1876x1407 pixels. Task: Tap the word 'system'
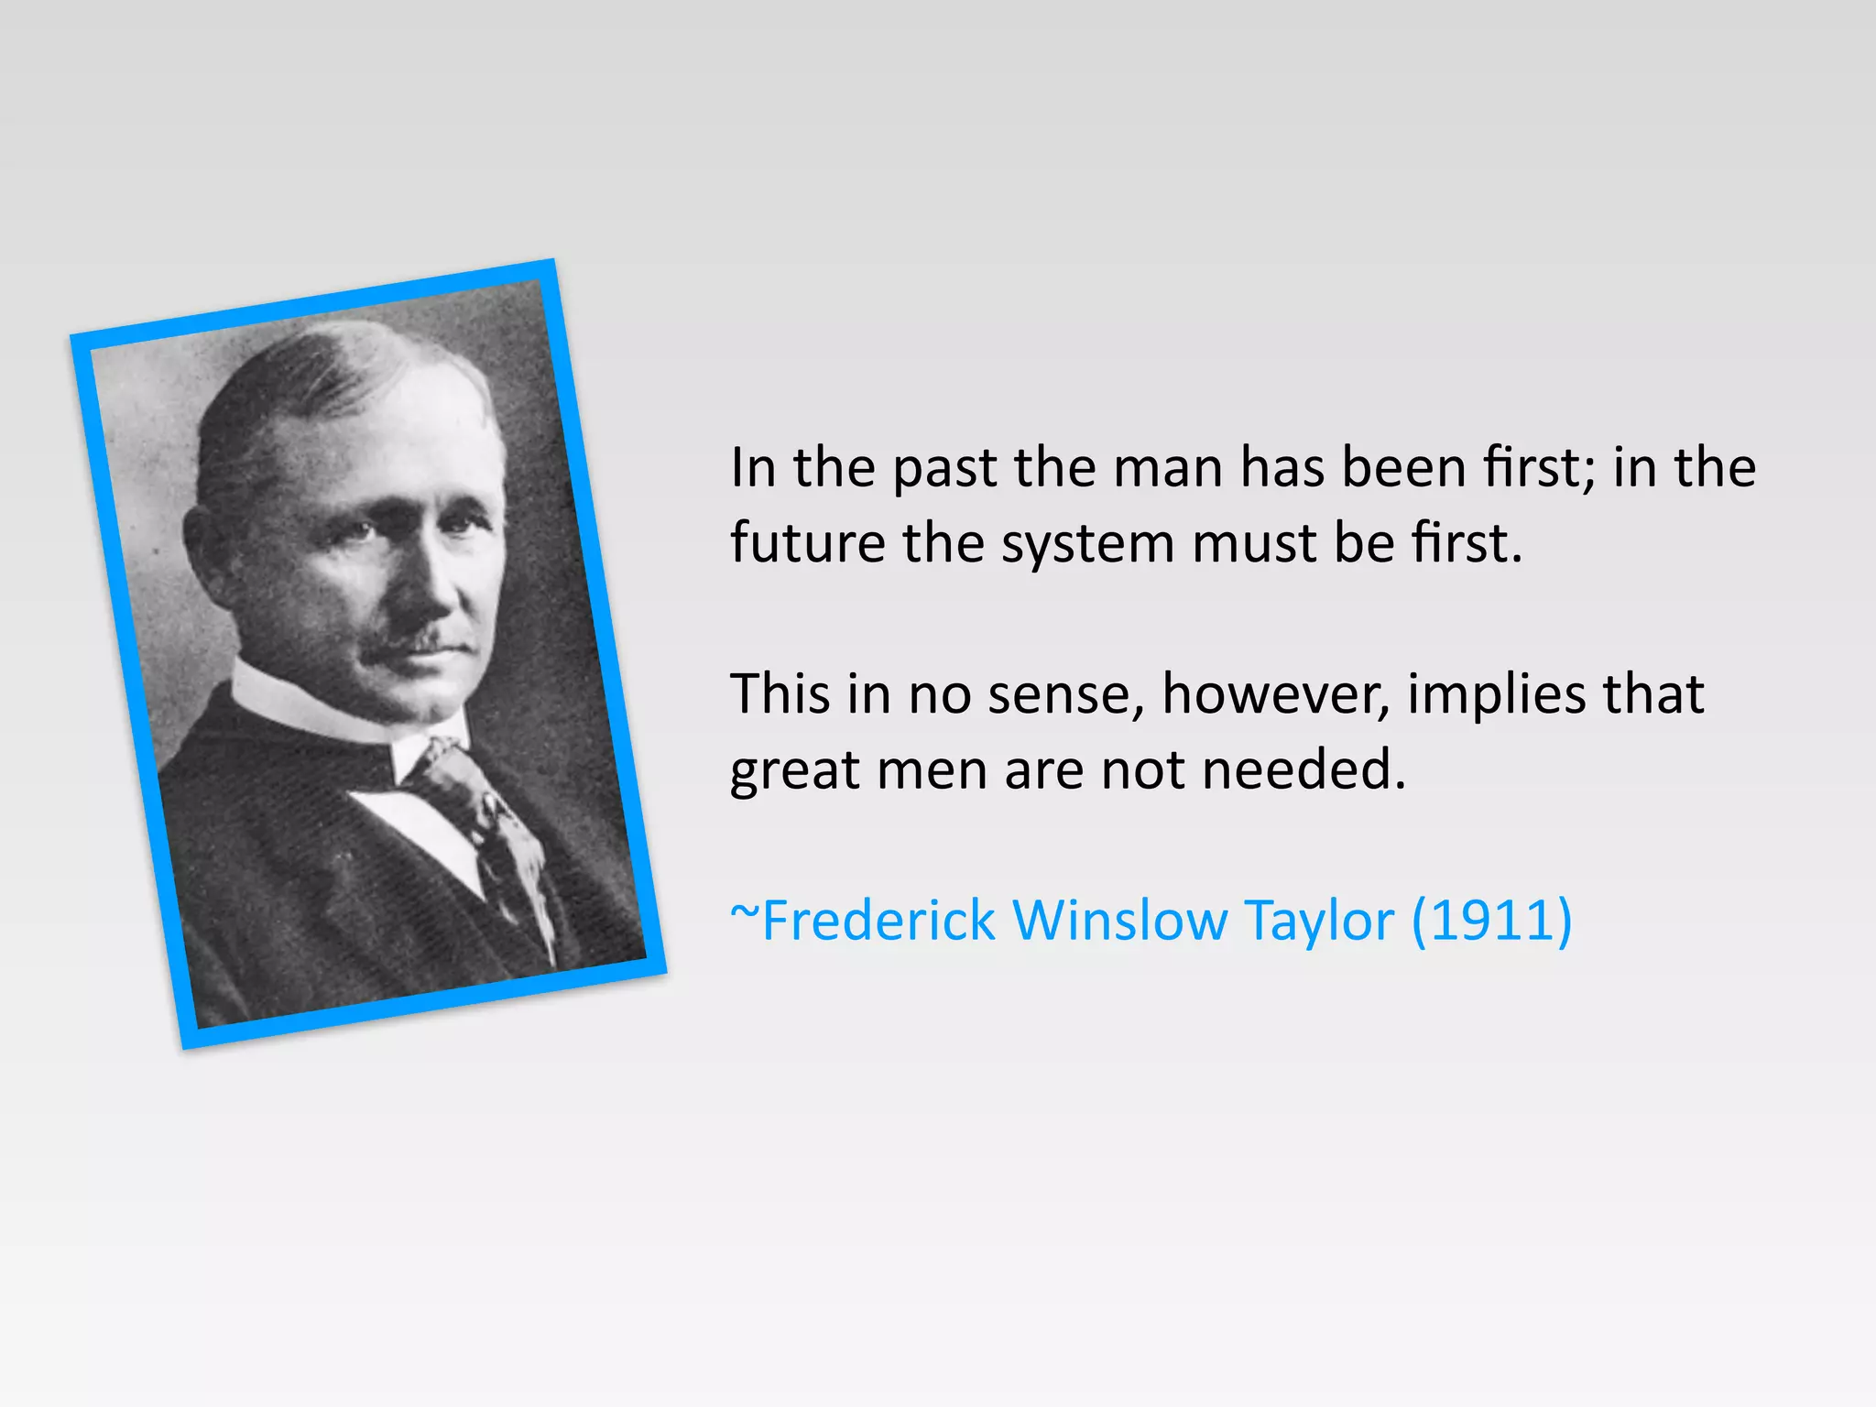coord(1087,544)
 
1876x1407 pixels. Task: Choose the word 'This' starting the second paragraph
coord(779,693)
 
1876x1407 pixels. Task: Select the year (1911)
coord(1491,920)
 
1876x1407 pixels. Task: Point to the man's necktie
coord(476,806)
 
